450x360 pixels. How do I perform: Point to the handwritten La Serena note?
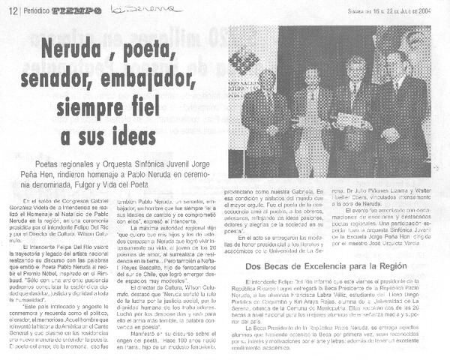[147, 8]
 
